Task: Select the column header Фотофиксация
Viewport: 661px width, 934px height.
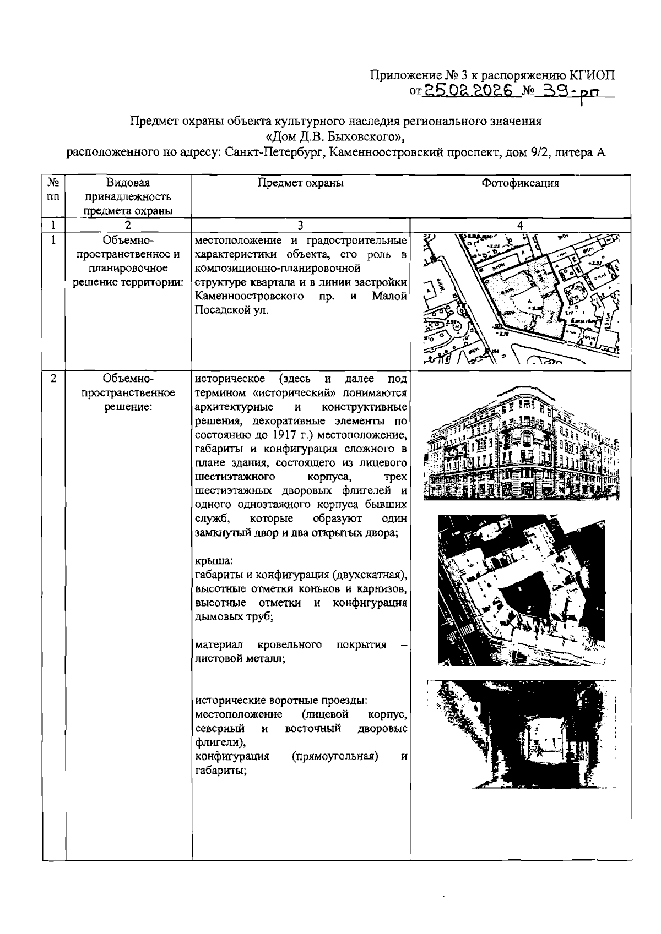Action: coord(520,183)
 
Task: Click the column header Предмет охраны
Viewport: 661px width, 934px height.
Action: coord(301,183)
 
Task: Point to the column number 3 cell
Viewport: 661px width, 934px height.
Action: coord(301,225)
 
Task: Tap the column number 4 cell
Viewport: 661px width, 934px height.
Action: coord(520,225)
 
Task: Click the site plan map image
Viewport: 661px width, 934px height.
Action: coord(521,301)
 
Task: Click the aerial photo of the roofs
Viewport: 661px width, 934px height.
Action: coord(521,590)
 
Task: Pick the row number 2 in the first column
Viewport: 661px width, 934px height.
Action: coord(53,379)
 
